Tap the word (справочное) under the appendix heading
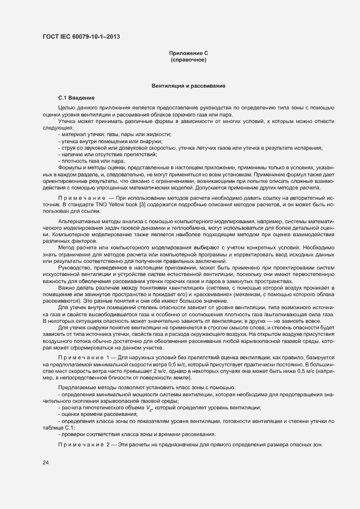(188, 60)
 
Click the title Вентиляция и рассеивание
(188, 86)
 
